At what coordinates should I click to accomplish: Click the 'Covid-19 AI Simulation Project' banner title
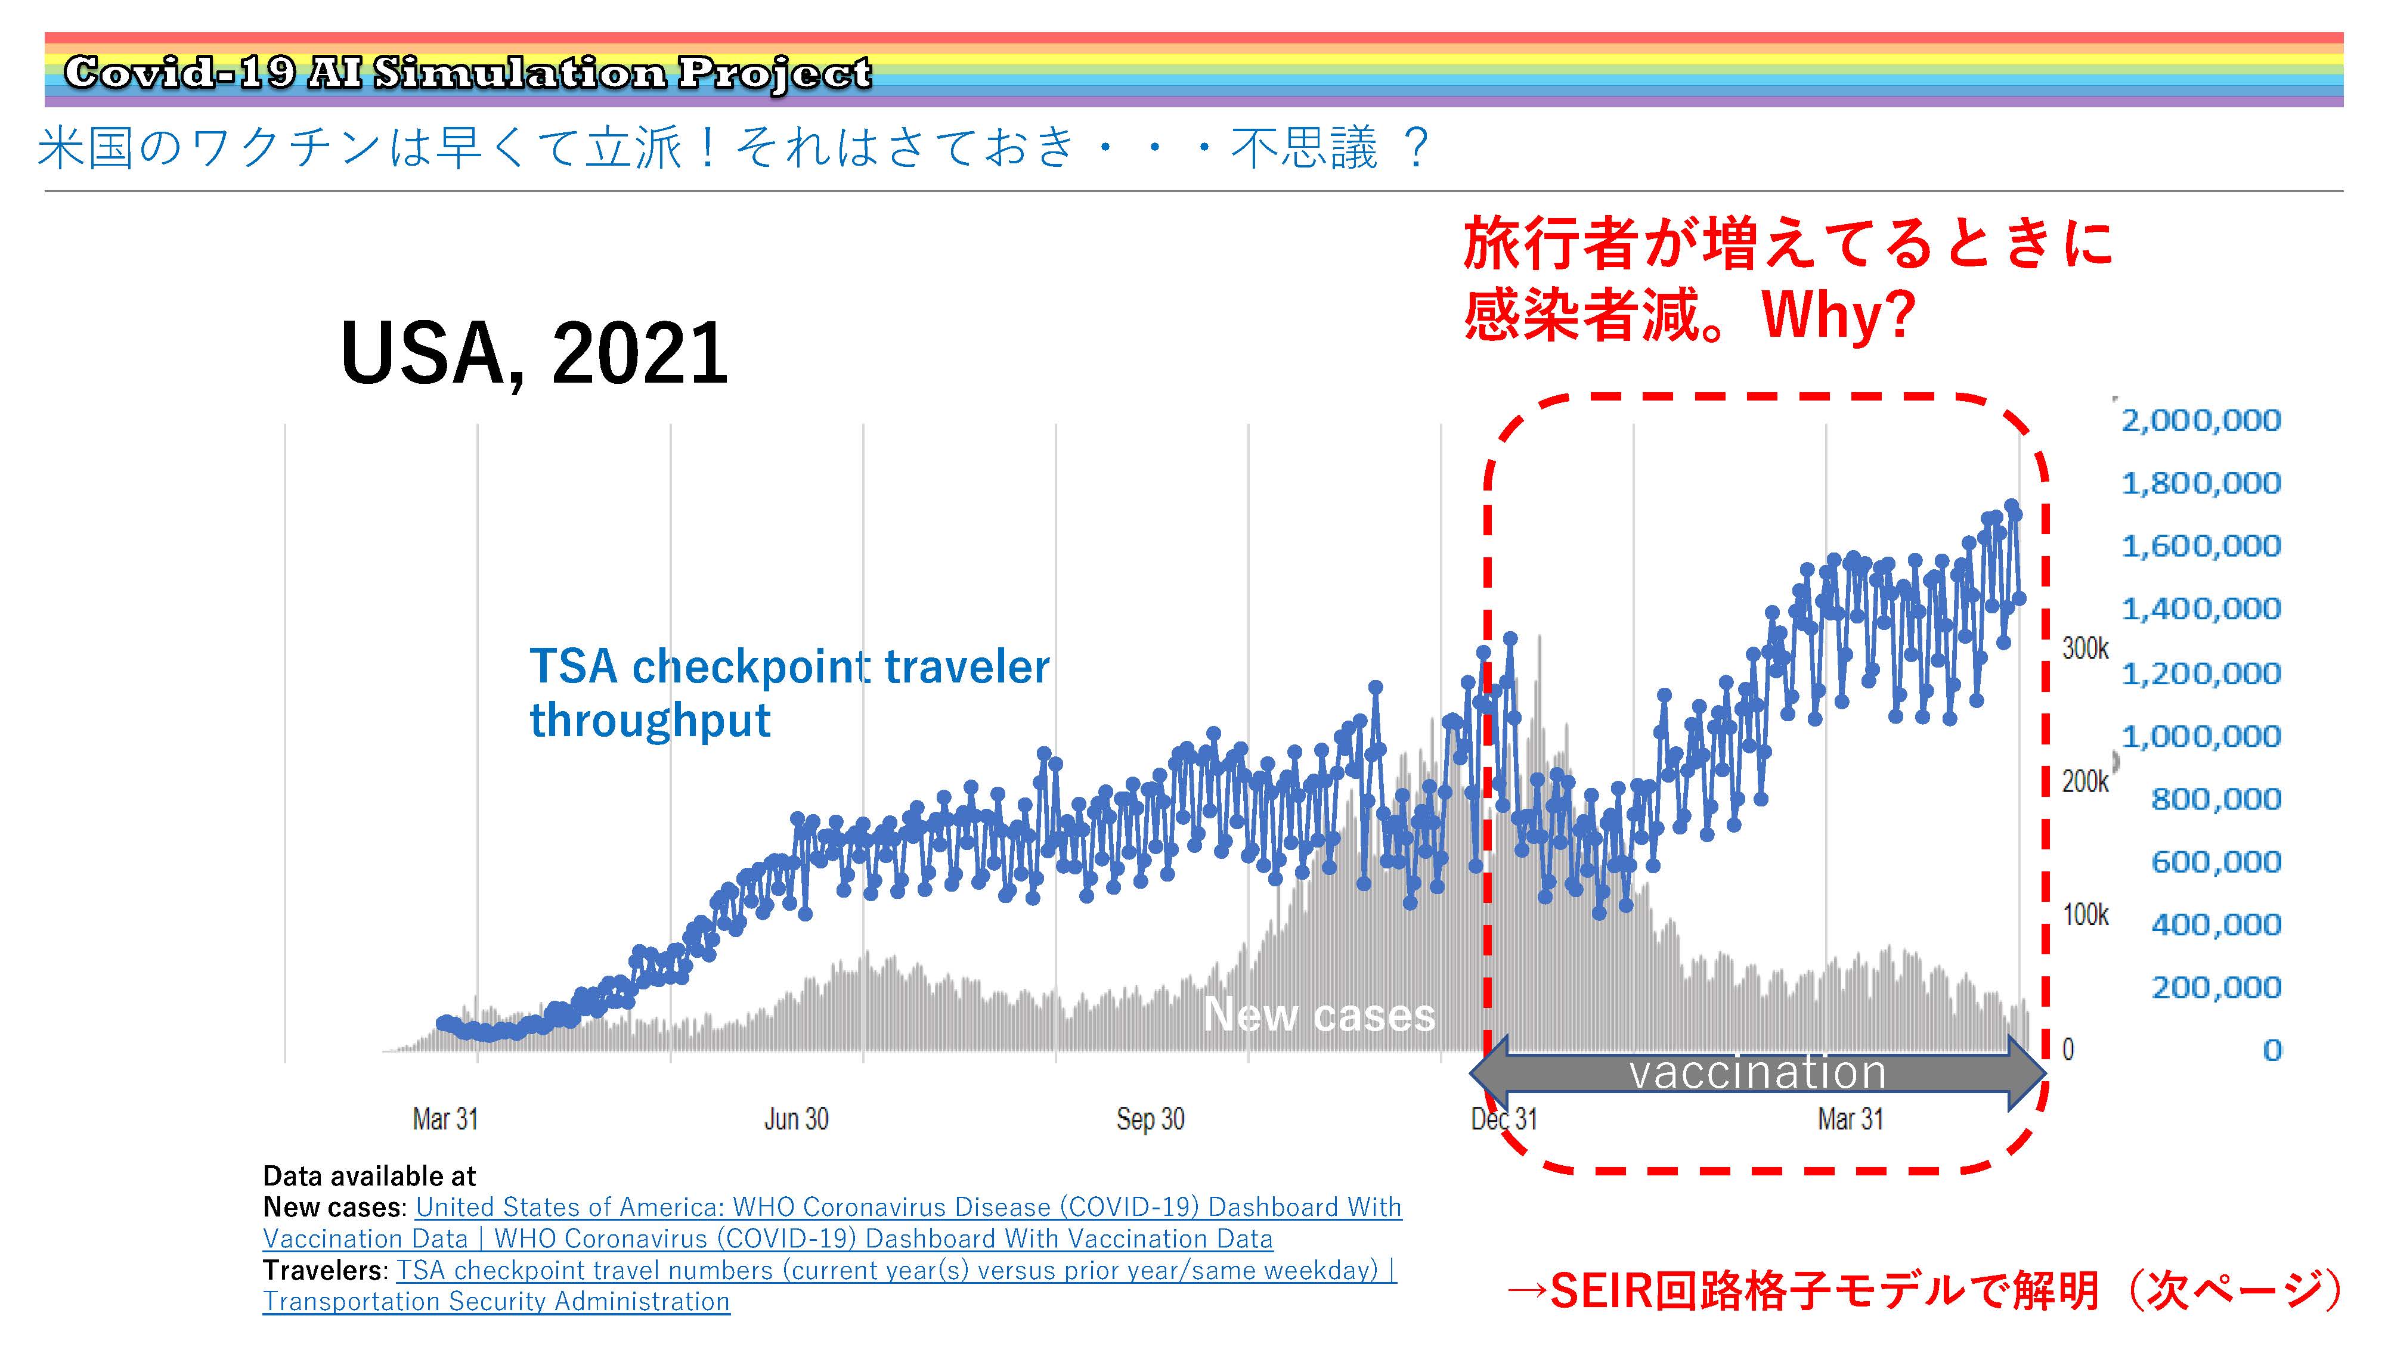pos(467,72)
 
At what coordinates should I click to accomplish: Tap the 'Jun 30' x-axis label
pos(795,1119)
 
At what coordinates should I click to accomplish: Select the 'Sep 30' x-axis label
pos(1150,1119)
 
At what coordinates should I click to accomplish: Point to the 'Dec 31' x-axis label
pos(1503,1119)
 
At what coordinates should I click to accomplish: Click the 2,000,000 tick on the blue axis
pos(2201,420)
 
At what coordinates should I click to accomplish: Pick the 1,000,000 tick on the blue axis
pos(2201,736)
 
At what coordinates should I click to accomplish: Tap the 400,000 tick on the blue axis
pos(2215,924)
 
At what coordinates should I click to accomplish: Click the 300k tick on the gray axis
pos(2086,648)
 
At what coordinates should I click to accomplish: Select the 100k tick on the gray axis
pos(2086,915)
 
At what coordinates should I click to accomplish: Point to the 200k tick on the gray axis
pos(2086,781)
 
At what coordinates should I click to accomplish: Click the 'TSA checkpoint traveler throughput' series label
pos(789,693)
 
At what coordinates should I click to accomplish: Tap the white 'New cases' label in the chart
pos(1319,1014)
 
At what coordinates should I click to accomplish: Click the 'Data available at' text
pos(369,1176)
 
